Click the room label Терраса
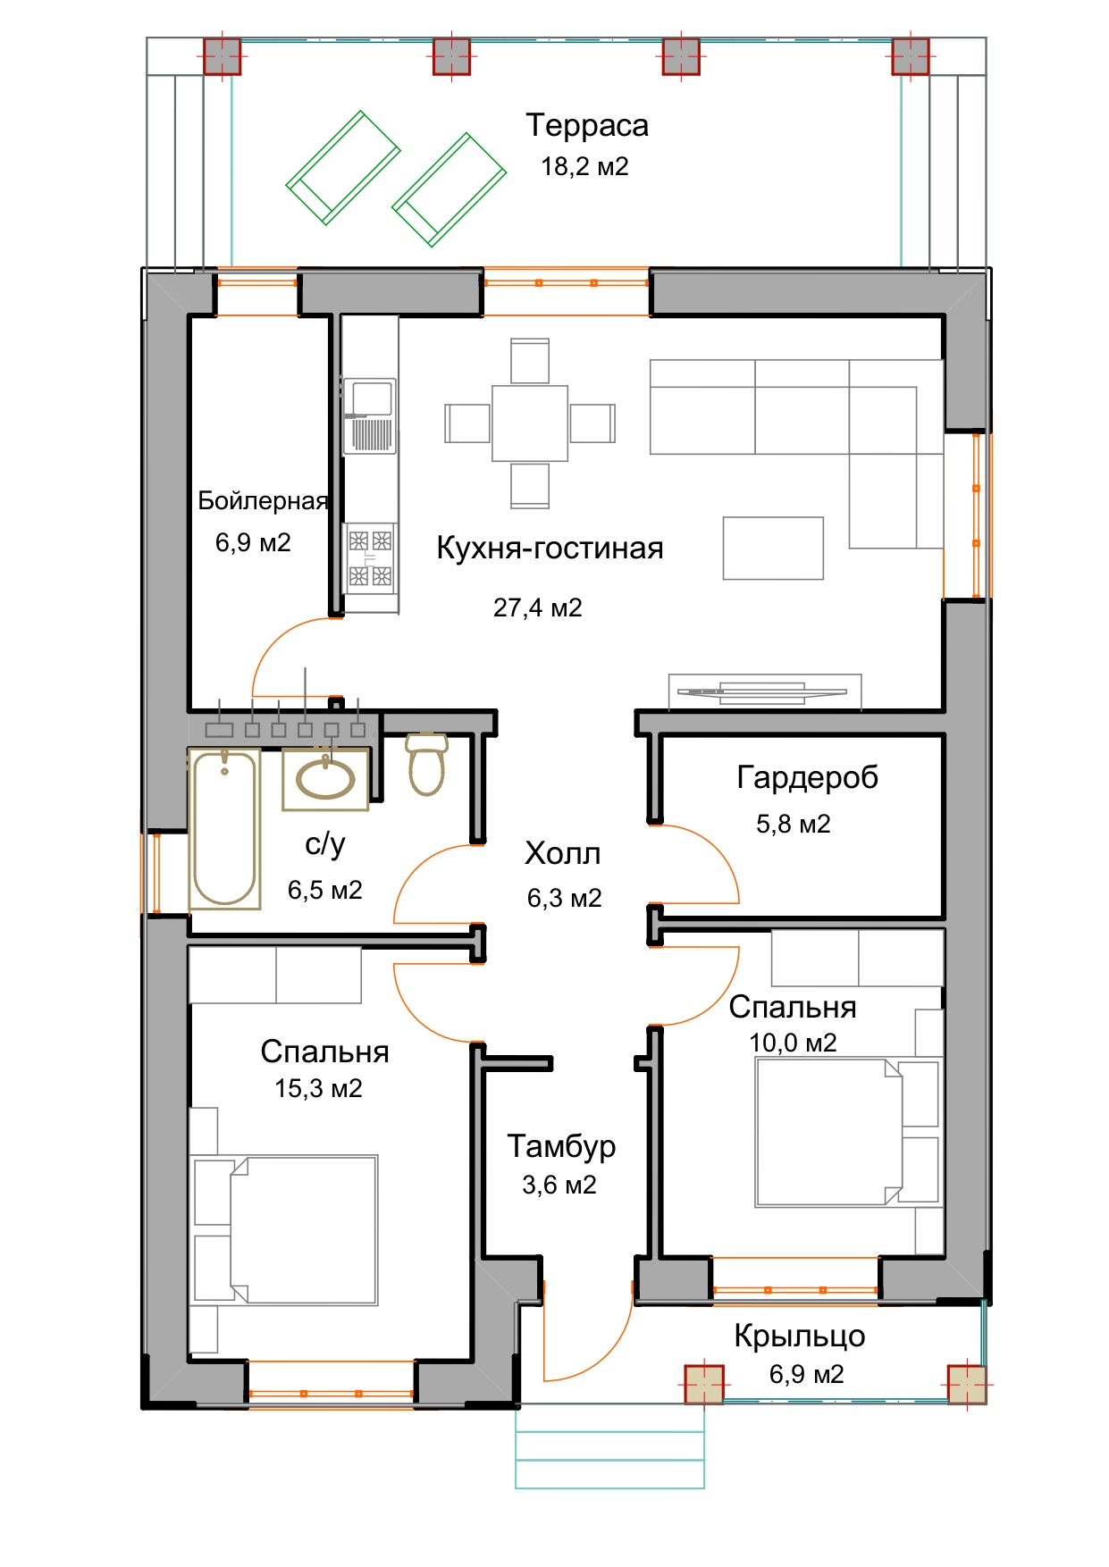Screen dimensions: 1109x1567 (x=586, y=126)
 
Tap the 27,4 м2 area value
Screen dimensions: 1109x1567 (x=537, y=608)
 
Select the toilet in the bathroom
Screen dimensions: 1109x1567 (x=427, y=764)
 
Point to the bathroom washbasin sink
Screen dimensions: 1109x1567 (x=325, y=780)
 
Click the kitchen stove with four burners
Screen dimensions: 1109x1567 (x=370, y=558)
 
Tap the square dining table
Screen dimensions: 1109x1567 (x=530, y=423)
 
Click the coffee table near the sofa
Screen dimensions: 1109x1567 (x=773, y=548)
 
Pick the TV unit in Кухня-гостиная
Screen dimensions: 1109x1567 (x=765, y=691)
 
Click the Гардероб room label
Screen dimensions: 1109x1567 (x=807, y=778)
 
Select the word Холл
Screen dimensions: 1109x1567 (x=562, y=854)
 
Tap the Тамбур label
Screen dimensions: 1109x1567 (x=561, y=1146)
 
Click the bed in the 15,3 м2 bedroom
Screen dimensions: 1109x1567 (x=284, y=1229)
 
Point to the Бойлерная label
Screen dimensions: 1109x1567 (x=263, y=501)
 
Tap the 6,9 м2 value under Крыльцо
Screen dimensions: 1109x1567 (x=806, y=1374)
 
